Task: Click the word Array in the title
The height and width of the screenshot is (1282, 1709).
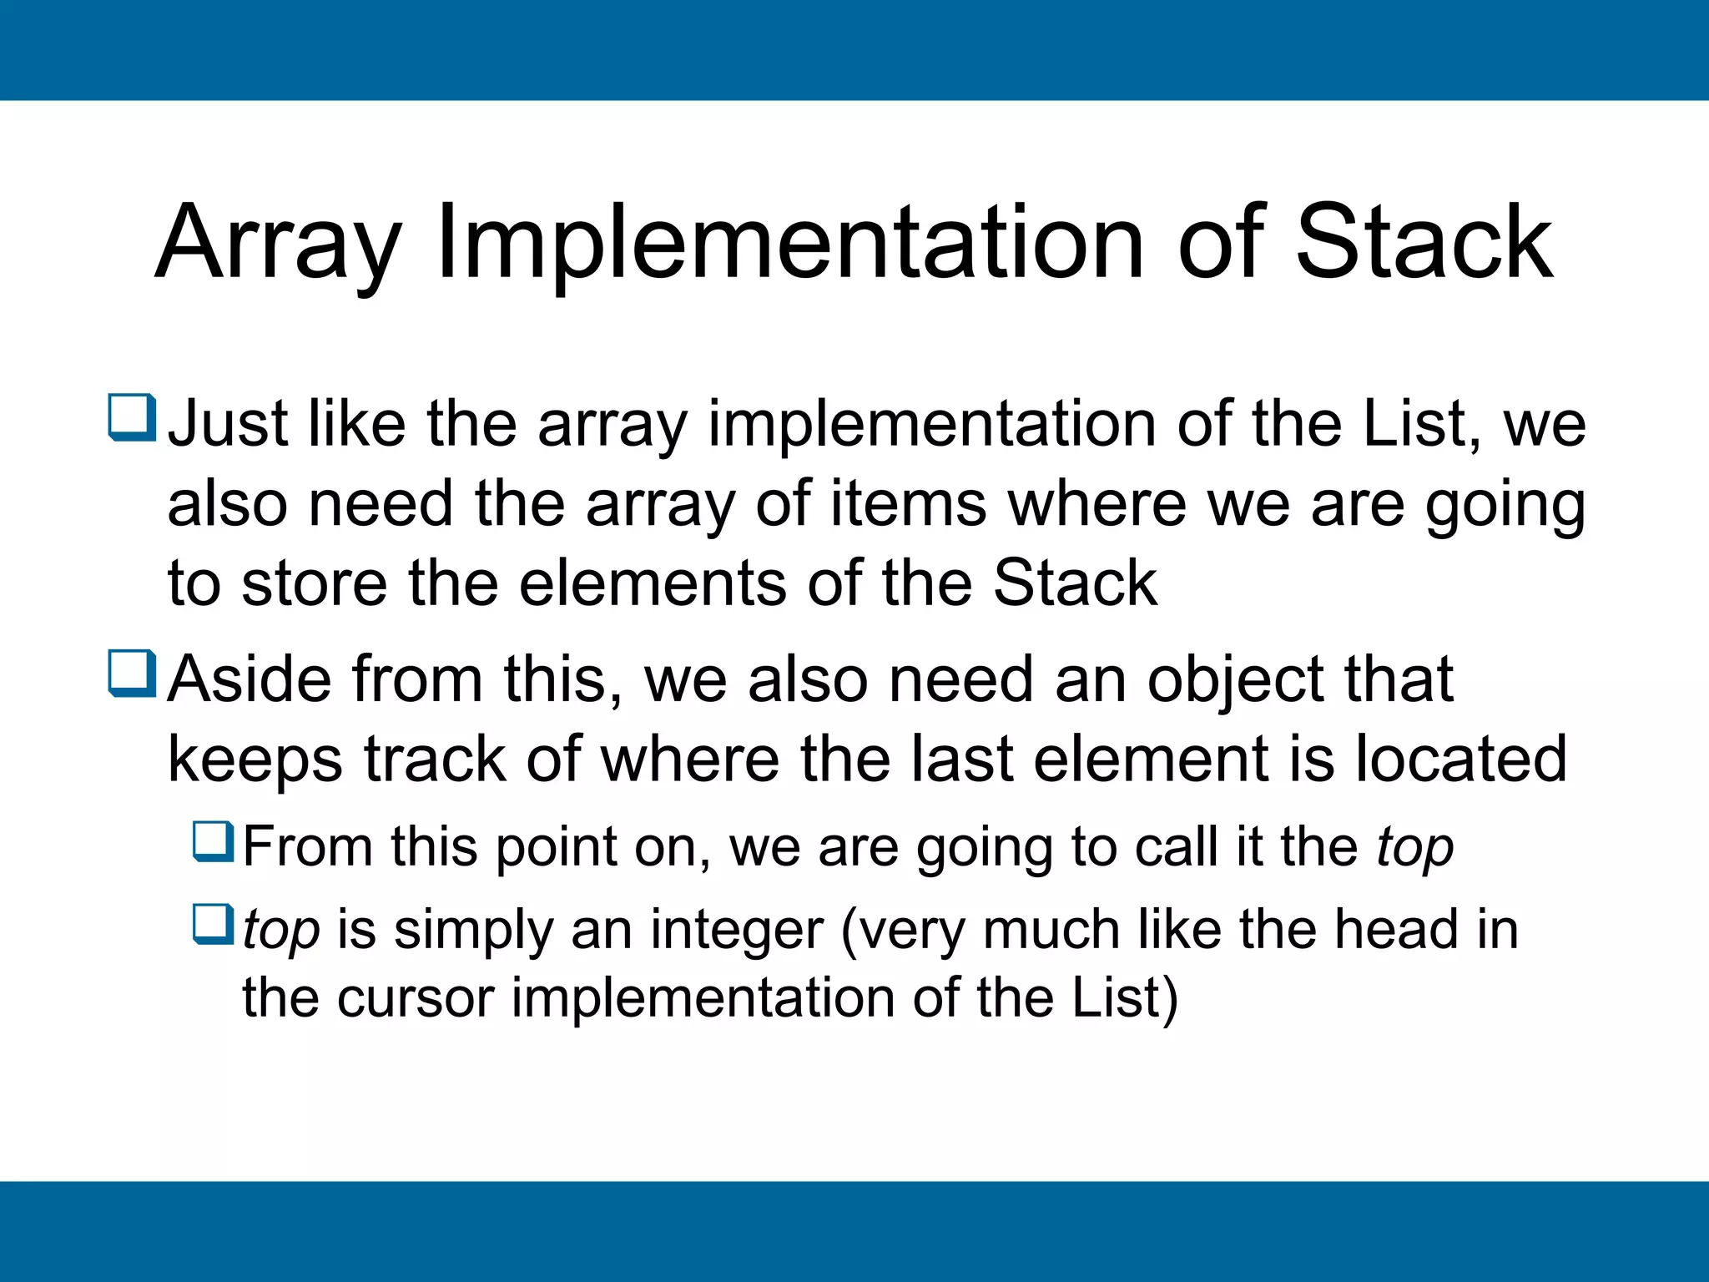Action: click(279, 244)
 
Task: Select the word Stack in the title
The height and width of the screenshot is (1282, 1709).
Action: click(1424, 244)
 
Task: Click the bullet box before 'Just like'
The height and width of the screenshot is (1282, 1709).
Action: click(132, 417)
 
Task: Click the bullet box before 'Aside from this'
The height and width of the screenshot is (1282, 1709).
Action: click(132, 674)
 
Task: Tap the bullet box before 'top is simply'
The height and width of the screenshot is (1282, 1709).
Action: click(214, 924)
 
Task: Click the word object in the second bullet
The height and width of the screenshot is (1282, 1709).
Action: click(1236, 679)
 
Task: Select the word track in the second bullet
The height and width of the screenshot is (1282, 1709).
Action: click(435, 759)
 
